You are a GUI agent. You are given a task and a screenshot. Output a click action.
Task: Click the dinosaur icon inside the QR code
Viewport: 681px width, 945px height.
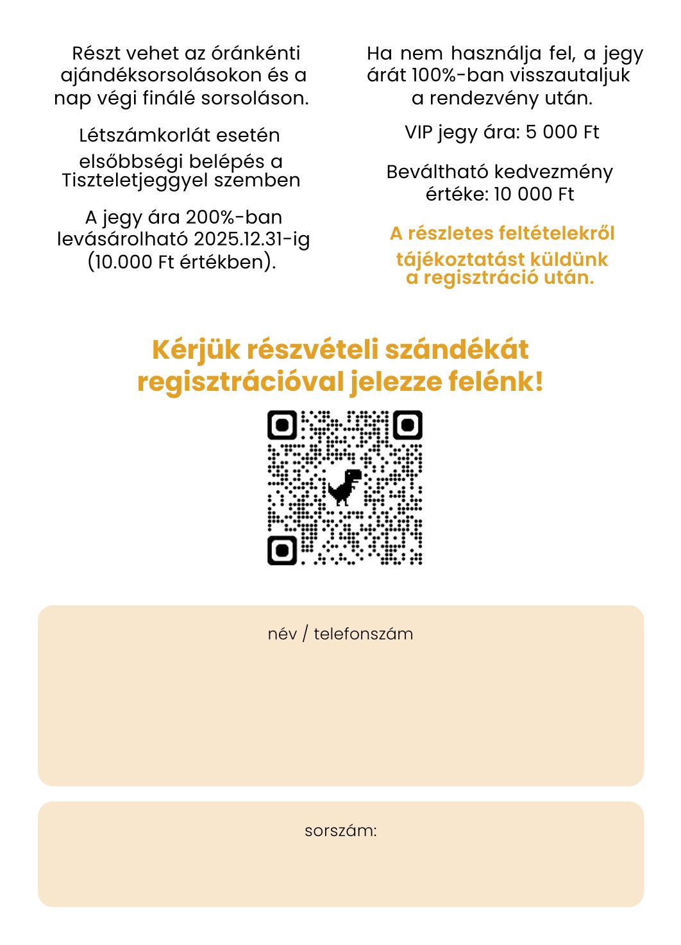[345, 487]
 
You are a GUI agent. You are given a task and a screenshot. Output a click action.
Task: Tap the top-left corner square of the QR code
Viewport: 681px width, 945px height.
[282, 425]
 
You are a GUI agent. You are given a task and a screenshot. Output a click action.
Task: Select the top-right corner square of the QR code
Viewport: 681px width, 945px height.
[407, 425]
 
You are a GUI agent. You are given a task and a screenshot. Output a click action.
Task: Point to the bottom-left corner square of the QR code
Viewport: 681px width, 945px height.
[282, 550]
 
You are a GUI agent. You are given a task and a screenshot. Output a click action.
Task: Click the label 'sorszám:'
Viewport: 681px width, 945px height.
[340, 831]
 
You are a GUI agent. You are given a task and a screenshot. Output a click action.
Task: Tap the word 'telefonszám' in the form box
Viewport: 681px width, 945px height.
[364, 634]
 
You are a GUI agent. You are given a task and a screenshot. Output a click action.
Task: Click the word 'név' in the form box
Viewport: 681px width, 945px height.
[282, 634]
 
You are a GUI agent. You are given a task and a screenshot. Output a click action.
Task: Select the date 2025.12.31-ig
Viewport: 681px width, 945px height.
[252, 239]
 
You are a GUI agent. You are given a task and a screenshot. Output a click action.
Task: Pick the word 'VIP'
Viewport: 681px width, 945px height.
[420, 132]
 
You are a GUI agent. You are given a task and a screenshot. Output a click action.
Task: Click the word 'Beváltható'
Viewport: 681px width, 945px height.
[437, 172]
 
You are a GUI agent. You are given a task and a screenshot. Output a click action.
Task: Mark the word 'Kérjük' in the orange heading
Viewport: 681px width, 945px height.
[196, 350]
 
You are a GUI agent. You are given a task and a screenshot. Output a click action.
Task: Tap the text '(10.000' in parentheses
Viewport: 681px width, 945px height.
[119, 262]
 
